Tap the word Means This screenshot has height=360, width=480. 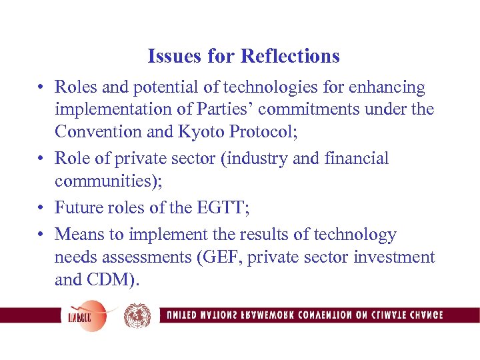click(77, 235)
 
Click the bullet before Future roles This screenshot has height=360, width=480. click(41, 208)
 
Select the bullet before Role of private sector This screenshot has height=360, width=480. click(41, 159)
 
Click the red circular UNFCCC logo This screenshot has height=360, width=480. click(85, 315)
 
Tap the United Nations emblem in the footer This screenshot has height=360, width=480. click(137, 315)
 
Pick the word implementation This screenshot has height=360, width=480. click(106, 109)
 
